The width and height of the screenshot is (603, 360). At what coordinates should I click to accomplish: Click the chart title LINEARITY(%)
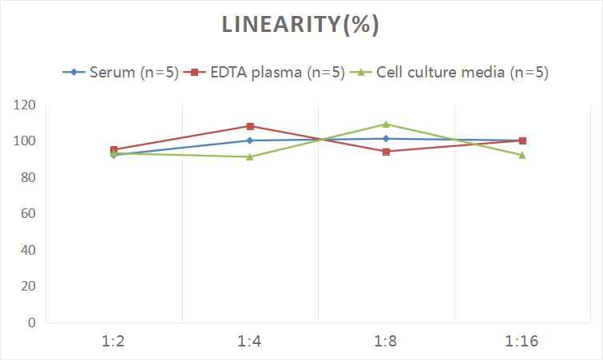300,25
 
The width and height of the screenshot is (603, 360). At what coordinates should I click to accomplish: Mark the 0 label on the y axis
31,323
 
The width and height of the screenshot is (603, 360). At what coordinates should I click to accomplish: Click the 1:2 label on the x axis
114,342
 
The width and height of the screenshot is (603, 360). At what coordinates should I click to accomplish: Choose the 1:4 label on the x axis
250,342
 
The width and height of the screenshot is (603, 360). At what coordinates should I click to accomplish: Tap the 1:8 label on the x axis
387,342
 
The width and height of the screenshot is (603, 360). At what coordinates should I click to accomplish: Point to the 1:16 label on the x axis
522,342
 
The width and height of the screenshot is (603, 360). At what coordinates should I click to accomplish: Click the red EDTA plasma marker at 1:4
250,126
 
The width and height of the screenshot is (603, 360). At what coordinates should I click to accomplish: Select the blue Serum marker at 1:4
250,140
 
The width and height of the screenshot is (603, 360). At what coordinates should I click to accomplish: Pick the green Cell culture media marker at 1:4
250,156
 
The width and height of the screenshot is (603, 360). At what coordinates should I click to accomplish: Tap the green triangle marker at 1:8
387,124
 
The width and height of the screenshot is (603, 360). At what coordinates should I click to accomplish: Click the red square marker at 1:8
387,152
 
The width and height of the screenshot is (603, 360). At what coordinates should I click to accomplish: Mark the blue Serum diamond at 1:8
387,139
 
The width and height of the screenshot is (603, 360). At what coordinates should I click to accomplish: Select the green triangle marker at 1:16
522,155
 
